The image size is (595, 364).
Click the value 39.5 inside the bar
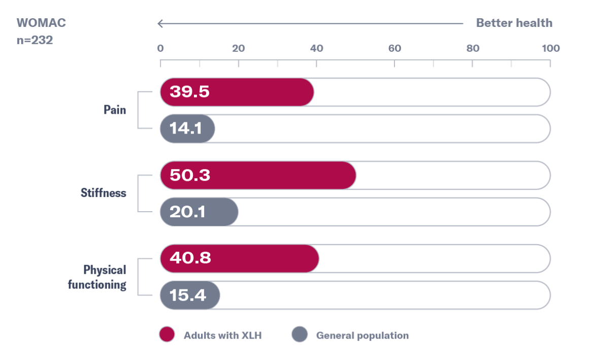click(189, 92)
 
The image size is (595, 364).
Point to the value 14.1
click(185, 128)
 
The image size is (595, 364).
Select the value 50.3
click(190, 176)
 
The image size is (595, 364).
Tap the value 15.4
click(188, 295)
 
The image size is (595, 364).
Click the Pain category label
click(115, 110)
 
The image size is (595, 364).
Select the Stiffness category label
click(104, 193)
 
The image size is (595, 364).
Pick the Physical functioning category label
click(97, 277)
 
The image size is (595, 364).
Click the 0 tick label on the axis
click(160, 49)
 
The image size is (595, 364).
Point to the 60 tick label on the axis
click(394, 49)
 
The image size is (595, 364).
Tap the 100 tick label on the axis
click(551, 49)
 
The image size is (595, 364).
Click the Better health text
click(514, 23)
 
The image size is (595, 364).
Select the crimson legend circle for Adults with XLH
click(167, 335)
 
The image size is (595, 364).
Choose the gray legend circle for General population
click(300, 335)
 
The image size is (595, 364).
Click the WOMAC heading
click(41, 23)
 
